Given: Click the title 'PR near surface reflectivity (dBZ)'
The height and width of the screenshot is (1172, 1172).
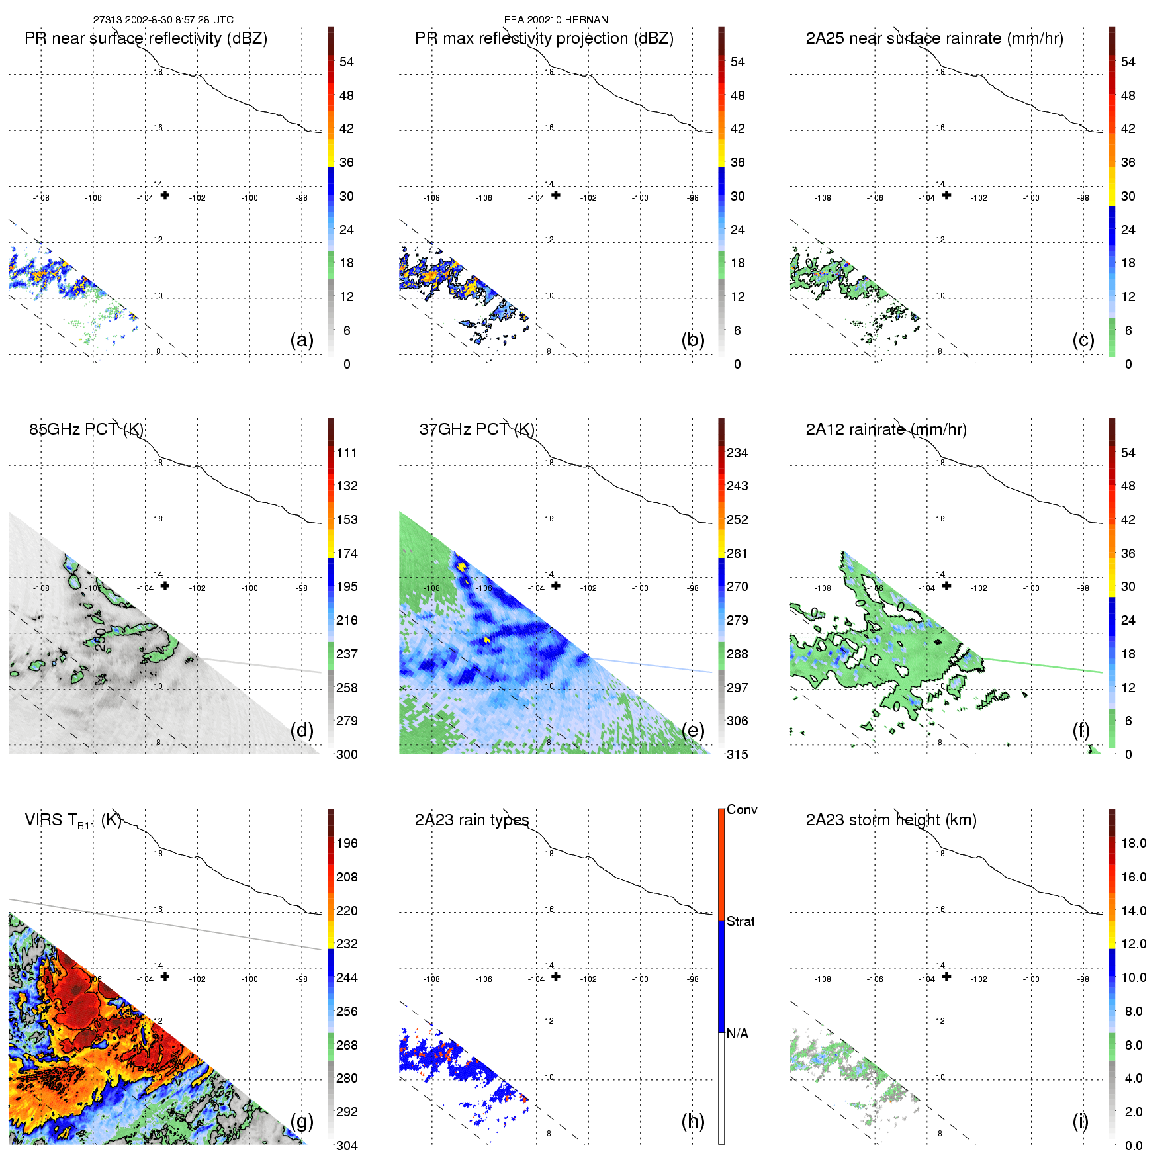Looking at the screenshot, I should pos(146,38).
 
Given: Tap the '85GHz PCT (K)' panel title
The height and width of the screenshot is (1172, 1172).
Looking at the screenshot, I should pos(86,429).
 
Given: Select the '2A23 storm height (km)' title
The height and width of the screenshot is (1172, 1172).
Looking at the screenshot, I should pos(891,820).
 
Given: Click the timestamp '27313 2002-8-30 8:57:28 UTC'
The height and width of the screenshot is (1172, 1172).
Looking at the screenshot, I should pos(163,20).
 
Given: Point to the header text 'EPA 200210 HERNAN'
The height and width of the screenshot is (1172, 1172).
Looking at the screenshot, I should pos(556,20).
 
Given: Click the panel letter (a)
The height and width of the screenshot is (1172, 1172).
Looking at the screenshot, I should pos(302,339).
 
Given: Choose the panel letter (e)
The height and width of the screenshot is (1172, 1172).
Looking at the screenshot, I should pos(693,730).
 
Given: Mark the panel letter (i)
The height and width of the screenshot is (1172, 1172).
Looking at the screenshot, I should pos(1080,1121).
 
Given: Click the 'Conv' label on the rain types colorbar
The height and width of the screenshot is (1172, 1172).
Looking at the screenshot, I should pos(742,809).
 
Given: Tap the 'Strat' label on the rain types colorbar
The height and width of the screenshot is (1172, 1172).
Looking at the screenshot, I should pos(741,921).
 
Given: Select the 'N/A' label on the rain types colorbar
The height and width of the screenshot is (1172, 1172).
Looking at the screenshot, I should pos(737,1034).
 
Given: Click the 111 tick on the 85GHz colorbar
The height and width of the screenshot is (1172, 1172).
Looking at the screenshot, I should pos(347,453).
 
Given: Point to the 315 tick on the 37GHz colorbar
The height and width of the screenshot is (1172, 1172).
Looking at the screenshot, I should pos(737,754).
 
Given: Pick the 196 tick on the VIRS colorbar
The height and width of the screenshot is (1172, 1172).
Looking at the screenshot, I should pos(347,844).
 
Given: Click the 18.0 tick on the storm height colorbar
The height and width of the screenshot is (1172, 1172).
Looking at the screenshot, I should pos(1134,844).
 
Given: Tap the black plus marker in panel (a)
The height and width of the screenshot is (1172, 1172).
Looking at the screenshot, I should pos(165,195).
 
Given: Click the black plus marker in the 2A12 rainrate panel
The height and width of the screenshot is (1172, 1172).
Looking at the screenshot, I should pos(947,586).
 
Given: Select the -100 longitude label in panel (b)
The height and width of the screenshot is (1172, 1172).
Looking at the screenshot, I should pos(640,198).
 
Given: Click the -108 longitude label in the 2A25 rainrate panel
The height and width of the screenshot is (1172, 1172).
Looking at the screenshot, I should pos(823,198).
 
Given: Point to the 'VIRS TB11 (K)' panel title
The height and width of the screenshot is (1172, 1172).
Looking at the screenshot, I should pos(73,821).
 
